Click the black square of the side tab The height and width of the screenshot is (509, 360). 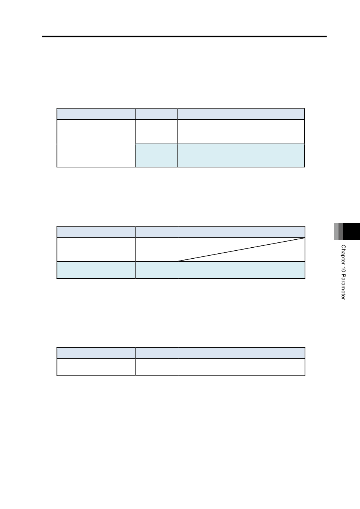(x=351, y=231)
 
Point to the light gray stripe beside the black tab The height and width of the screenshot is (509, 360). (x=337, y=231)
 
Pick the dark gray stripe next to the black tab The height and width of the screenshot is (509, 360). (x=341, y=231)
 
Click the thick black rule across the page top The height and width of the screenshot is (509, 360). (x=184, y=36)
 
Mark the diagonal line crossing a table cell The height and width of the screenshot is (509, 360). (x=241, y=250)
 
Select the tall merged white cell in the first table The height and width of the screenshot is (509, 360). (x=96, y=144)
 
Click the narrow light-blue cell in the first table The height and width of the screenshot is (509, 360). (x=157, y=155)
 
